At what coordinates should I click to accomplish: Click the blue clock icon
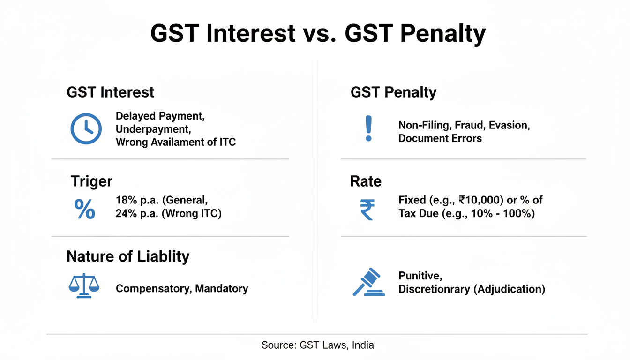click(x=86, y=128)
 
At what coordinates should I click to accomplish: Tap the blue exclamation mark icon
click(x=369, y=129)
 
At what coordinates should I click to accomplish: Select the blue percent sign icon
click(x=85, y=209)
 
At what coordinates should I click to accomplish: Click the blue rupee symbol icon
click(x=367, y=210)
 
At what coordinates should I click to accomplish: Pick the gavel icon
click(x=369, y=282)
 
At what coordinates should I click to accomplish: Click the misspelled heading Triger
click(x=91, y=181)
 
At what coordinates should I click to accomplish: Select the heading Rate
click(x=366, y=181)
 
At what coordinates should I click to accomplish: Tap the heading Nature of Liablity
click(x=128, y=256)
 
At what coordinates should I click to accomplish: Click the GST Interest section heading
click(x=110, y=92)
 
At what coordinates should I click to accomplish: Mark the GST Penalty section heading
click(x=393, y=92)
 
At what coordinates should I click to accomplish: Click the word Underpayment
click(x=153, y=129)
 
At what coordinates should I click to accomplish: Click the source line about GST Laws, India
click(x=317, y=345)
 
